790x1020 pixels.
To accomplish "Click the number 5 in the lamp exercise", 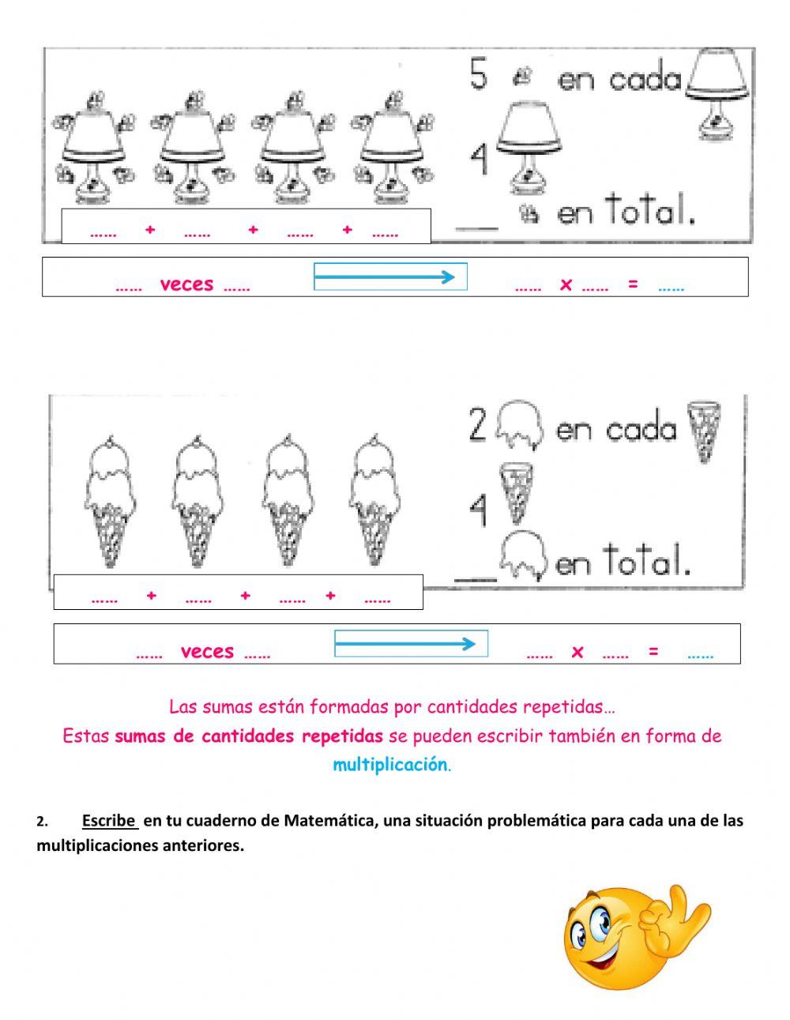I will [x=479, y=75].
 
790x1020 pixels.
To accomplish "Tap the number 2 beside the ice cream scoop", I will [x=477, y=426].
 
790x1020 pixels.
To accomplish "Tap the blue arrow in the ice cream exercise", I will [x=406, y=644].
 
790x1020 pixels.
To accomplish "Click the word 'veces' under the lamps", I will [x=186, y=284].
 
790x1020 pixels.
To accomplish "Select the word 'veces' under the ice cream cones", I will [x=207, y=652].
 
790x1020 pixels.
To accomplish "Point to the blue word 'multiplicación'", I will [x=389, y=765].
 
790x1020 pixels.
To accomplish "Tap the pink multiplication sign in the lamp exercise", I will [x=566, y=284].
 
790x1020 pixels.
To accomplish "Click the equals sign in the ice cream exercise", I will [x=653, y=652].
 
